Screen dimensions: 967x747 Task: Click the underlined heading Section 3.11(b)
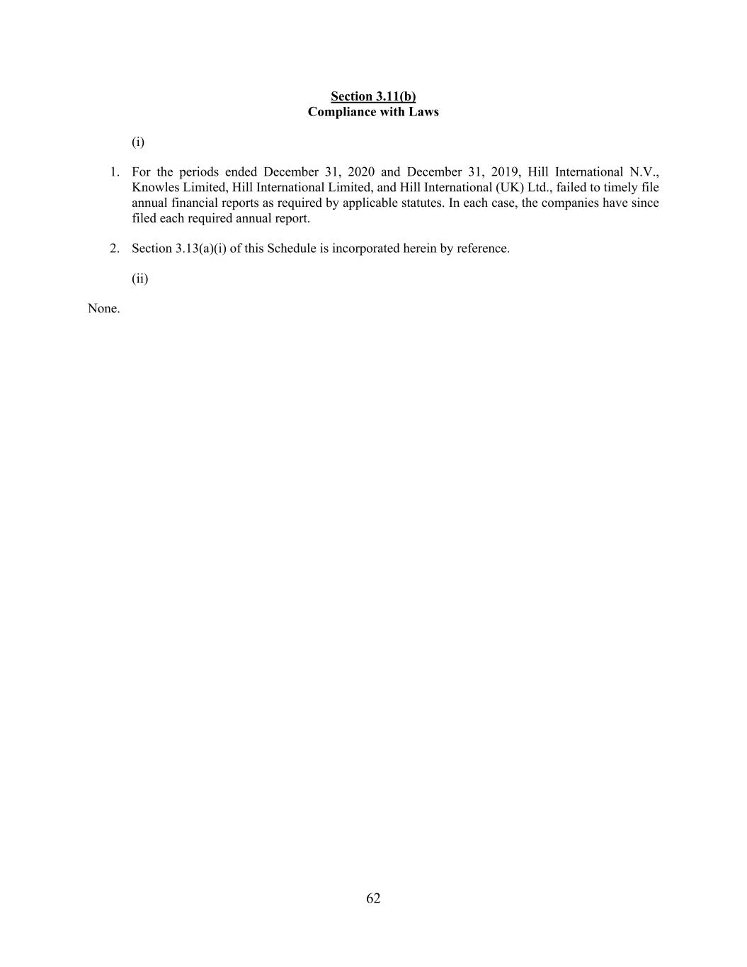click(373, 96)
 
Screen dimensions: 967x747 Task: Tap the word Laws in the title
click(423, 112)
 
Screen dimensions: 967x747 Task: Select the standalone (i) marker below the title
click(138, 142)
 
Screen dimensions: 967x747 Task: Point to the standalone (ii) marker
click(139, 278)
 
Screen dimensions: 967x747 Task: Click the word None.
click(103, 309)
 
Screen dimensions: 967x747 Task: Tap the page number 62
click(373, 898)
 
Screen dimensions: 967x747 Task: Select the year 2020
click(361, 172)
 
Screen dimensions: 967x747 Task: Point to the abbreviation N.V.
click(644, 172)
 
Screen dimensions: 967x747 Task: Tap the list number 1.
click(114, 172)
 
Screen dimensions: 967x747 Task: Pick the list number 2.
click(114, 249)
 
